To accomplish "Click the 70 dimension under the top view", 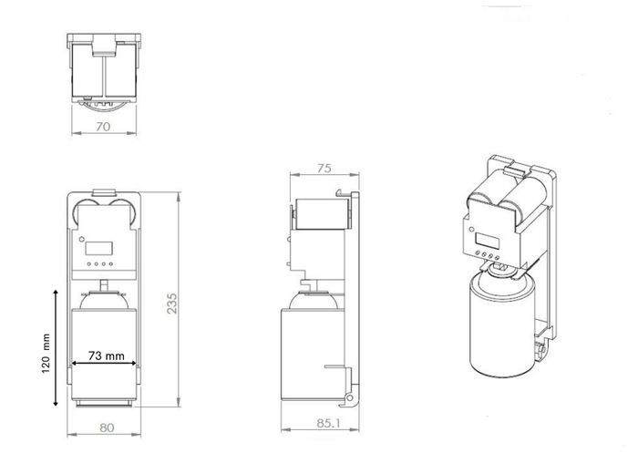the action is tap(103, 127).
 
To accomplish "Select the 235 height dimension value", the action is tap(172, 304).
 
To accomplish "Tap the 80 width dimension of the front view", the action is tap(107, 427).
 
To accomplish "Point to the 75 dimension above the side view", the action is tap(324, 168).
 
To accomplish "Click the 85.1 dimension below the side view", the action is tap(328, 423).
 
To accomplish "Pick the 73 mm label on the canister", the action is tap(107, 355).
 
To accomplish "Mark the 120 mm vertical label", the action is tap(46, 353).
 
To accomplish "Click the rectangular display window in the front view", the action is tap(98, 248).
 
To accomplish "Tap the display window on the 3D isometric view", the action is tap(488, 240).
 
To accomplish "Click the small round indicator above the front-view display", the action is tap(81, 239).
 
